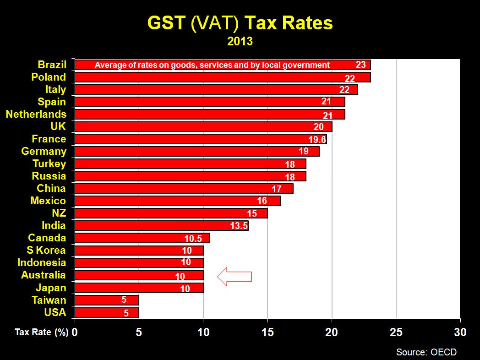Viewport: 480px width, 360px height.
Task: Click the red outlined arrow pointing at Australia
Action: pyautogui.click(x=235, y=277)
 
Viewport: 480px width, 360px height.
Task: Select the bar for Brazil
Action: pyautogui.click(x=222, y=65)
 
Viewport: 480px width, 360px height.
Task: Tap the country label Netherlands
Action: pyautogui.click(x=36, y=114)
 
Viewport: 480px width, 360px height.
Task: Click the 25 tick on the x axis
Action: pyautogui.click(x=396, y=332)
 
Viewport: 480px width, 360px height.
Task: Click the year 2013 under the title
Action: pyautogui.click(x=240, y=41)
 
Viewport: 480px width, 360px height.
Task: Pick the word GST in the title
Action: pyautogui.click(x=166, y=23)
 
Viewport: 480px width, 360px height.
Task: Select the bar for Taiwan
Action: pyautogui.click(x=106, y=300)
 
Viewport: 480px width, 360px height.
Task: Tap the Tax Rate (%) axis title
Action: pyautogui.click(x=41, y=333)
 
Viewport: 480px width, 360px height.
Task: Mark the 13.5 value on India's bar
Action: pyautogui.click(x=239, y=226)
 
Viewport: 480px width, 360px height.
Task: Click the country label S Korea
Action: pyautogui.click(x=46, y=250)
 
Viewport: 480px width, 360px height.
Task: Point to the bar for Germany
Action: pyautogui.click(x=196, y=151)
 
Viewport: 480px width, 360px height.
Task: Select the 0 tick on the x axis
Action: pyautogui.click(x=75, y=332)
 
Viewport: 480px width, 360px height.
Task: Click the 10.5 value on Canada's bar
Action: pyautogui.click(x=193, y=238)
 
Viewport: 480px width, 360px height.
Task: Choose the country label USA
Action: pyautogui.click(x=55, y=312)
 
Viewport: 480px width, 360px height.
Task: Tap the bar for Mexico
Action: pyautogui.click(x=177, y=201)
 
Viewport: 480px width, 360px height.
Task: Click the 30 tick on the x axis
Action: pyautogui.click(x=460, y=332)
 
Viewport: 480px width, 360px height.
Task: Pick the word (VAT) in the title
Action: pyautogui.click(x=213, y=23)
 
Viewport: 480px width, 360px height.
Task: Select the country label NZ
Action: pyautogui.click(x=59, y=213)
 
